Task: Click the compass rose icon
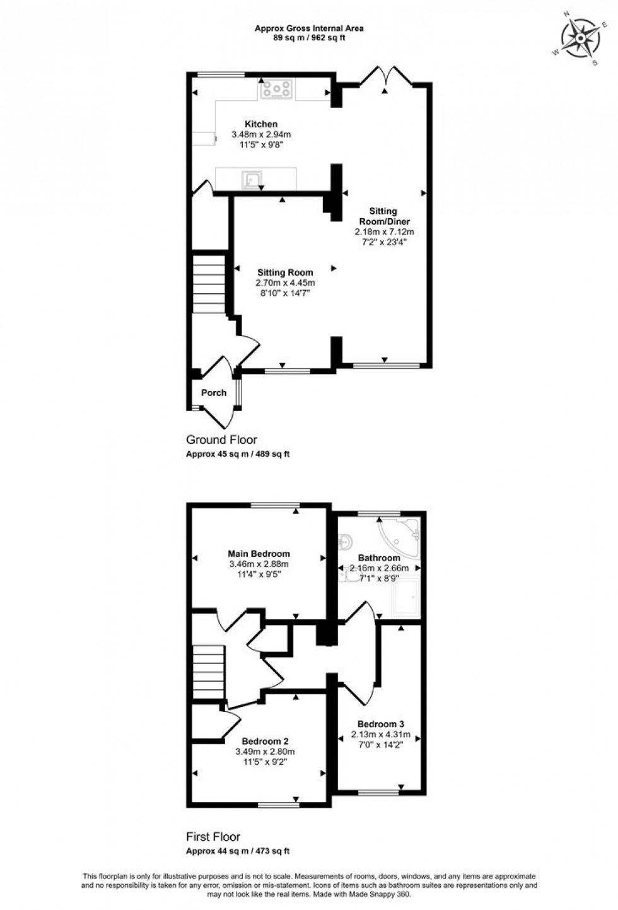pos(580,37)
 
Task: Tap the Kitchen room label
pos(261,124)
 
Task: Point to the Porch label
pos(214,393)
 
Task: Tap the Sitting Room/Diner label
pos(384,216)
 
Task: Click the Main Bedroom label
pos(259,554)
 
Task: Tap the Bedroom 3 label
pos(380,724)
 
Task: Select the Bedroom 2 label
pos(265,741)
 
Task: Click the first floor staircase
pos(209,672)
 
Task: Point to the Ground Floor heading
pos(221,440)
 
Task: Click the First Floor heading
pos(213,837)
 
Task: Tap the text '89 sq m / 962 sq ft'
pos(309,38)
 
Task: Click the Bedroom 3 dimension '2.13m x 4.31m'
pos(381,734)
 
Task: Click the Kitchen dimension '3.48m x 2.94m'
pos(261,134)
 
